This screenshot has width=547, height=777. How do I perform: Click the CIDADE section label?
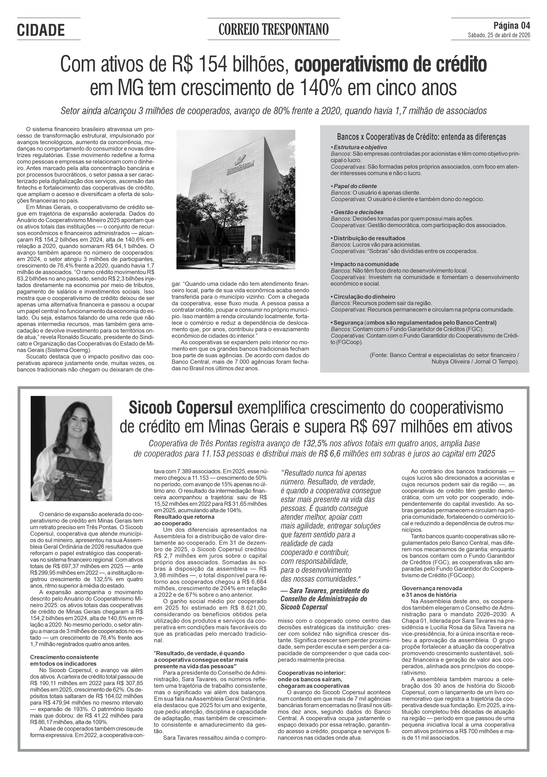tap(41, 30)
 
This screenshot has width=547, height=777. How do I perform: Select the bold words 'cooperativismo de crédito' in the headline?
tap(391, 64)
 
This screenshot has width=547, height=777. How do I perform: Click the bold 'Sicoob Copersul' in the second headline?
tap(181, 408)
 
